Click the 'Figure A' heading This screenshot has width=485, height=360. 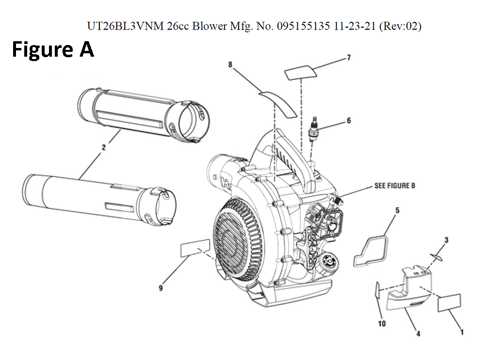tap(53, 49)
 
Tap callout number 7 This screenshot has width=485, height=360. tap(349, 58)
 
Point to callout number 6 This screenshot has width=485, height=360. tap(349, 121)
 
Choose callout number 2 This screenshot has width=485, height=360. tap(103, 148)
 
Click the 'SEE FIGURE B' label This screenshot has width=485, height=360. tap(394, 186)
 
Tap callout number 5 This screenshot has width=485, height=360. tap(397, 210)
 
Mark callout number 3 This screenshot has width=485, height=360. tap(446, 239)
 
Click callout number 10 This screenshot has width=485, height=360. tap(382, 324)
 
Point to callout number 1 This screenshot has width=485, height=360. tap(461, 332)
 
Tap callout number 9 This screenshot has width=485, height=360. tap(161, 288)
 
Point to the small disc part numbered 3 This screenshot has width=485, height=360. tap(437, 257)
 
